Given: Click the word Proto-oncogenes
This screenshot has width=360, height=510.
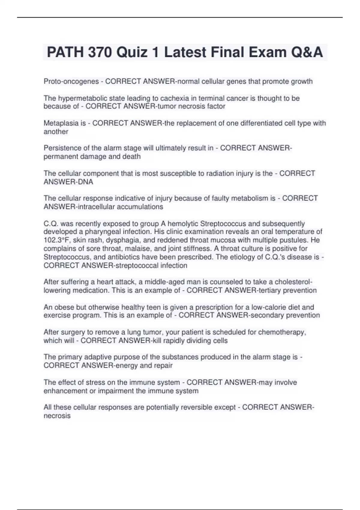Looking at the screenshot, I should (x=71, y=81).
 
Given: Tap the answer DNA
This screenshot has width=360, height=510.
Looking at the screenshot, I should (x=85, y=182).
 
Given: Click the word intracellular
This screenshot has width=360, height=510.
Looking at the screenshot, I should (x=96, y=207).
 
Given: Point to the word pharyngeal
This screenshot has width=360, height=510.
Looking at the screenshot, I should (x=104, y=232).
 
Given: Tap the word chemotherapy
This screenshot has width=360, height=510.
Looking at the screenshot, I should (x=282, y=332).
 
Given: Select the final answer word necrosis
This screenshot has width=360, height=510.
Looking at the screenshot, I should (x=57, y=416).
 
